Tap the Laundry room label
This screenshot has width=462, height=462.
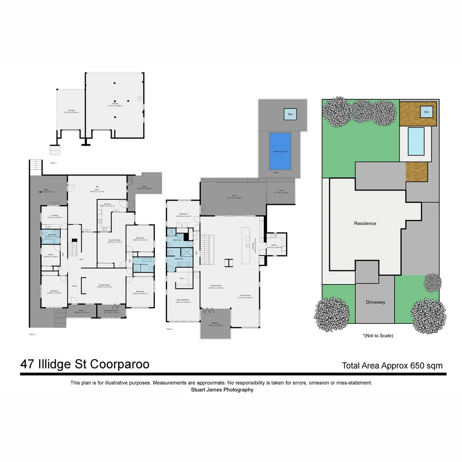click(54, 216)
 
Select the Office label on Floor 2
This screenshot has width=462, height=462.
click(51, 255)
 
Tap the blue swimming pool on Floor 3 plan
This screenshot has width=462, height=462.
click(280, 151)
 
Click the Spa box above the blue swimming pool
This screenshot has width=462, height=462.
click(290, 114)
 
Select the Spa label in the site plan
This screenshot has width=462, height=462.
click(426, 112)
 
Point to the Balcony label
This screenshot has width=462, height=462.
click(215, 324)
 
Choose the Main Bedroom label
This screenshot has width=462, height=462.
click(183, 301)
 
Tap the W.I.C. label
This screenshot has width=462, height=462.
click(182, 278)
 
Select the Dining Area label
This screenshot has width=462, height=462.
click(246, 296)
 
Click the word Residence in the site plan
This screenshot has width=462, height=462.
click(365, 223)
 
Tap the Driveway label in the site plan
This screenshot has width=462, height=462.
click(375, 302)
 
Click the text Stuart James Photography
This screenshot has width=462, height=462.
click(222, 390)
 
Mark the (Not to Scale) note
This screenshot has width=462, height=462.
click(378, 336)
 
